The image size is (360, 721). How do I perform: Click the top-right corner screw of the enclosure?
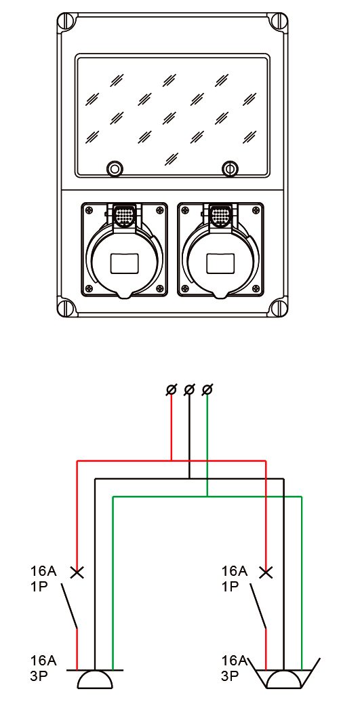pyautogui.click(x=278, y=22)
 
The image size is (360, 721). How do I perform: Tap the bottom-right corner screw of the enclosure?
pyautogui.click(x=278, y=306)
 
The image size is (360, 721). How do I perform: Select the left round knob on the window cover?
pyautogui.click(x=115, y=168)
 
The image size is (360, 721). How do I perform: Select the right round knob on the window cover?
pyautogui.click(x=230, y=168)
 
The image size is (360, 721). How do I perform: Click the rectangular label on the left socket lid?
pyautogui.click(x=125, y=264)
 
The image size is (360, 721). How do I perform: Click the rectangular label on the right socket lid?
pyautogui.click(x=220, y=264)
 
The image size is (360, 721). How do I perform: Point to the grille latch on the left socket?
pyautogui.click(x=125, y=214)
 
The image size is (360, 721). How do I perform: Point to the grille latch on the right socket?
pyautogui.click(x=220, y=214)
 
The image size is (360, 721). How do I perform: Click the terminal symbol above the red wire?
pyautogui.click(x=171, y=390)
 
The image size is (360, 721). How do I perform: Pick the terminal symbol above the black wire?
pyautogui.click(x=189, y=390)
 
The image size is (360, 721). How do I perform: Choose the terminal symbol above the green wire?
pyautogui.click(x=207, y=390)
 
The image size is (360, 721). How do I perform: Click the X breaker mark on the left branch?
pyautogui.click(x=77, y=572)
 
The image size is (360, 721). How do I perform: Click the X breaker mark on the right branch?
pyautogui.click(x=266, y=572)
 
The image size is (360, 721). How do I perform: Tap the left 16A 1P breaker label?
pyautogui.click(x=43, y=579)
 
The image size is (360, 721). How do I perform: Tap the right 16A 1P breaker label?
pyautogui.click(x=234, y=579)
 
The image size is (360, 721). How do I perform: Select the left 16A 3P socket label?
pyautogui.click(x=43, y=668)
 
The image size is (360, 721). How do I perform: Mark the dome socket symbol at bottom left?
pyautogui.click(x=95, y=679)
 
